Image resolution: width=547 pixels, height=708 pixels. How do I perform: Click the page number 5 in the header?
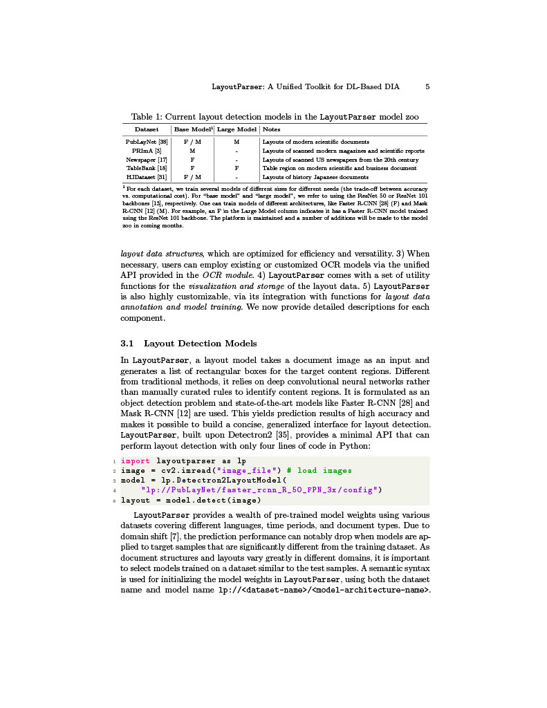tap(427, 87)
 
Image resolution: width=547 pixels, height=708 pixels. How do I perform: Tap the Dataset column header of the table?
tap(147, 129)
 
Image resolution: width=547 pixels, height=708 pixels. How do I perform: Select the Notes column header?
tap(272, 129)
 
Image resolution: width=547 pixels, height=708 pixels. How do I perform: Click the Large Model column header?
tap(237, 129)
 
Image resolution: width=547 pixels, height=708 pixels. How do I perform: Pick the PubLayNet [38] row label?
tap(147, 142)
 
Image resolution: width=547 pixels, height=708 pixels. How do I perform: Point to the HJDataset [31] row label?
tap(147, 177)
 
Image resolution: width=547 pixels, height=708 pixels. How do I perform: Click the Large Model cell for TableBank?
tap(237, 168)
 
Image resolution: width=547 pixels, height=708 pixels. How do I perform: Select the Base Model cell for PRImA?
tap(192, 151)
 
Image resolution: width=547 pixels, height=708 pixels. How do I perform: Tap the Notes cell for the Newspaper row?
tap(340, 160)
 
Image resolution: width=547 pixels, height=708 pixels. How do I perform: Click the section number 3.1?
tap(127, 344)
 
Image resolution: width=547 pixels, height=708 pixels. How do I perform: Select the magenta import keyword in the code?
tap(135, 460)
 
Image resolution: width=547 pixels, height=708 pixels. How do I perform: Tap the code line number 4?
tap(114, 490)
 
